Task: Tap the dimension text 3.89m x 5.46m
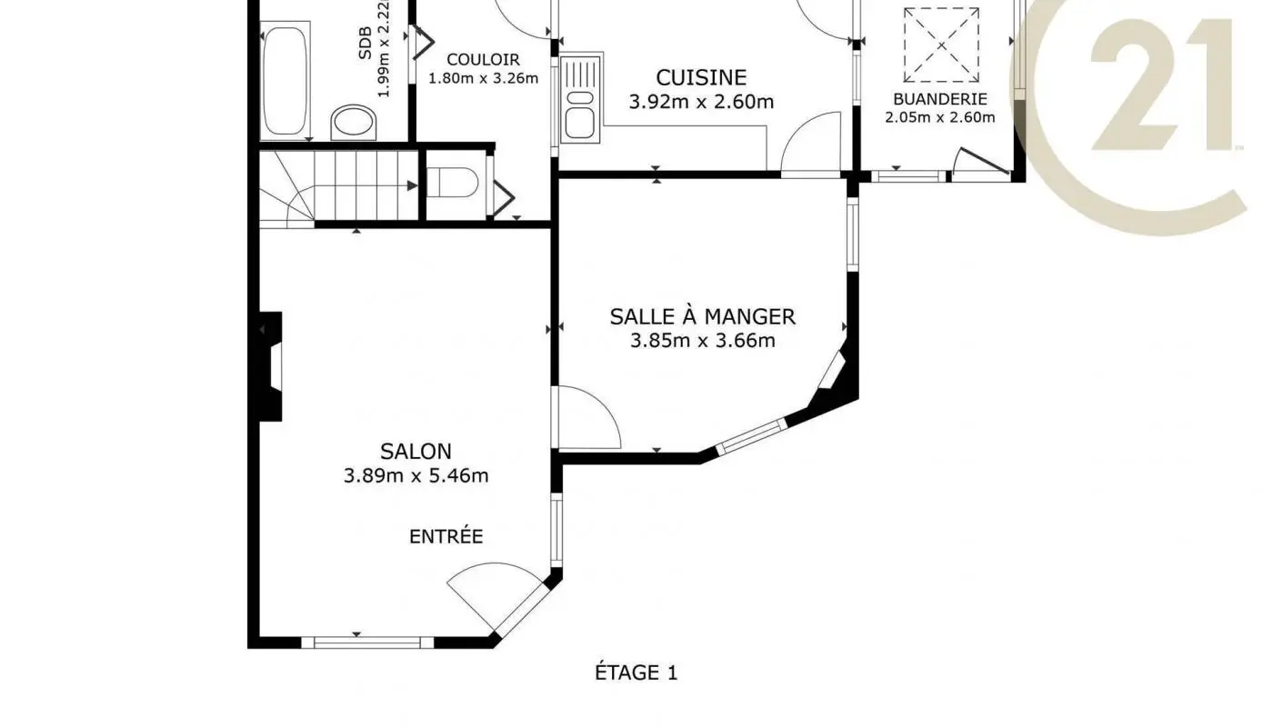[416, 475]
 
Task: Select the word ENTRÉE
[446, 537]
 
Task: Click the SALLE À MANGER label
[702, 317]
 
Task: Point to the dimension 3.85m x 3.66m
[702, 342]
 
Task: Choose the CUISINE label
[701, 78]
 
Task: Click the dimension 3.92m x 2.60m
[701, 102]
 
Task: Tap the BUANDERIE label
[939, 99]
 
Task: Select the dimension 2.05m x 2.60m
[939, 117]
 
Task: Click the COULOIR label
[483, 59]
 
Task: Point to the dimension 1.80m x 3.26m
[483, 78]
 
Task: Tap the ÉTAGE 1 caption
[636, 673]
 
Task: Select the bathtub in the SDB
[285, 82]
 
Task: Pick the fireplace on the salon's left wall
[270, 366]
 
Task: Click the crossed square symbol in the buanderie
[940, 44]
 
